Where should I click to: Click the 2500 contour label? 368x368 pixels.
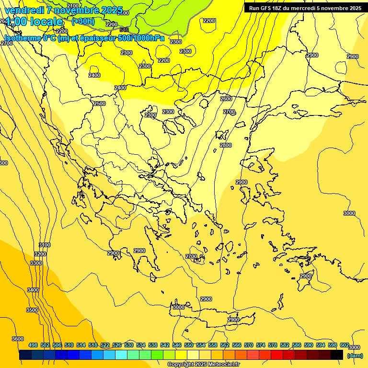tap(100, 103)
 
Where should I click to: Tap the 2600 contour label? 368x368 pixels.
tap(226, 99)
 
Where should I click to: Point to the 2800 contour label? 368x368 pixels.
tap(226, 145)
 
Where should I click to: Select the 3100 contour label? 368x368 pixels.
tap(45, 245)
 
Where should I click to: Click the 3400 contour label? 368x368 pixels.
tap(33, 290)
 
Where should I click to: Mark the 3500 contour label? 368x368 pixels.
tap(32, 310)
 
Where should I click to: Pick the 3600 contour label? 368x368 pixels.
tap(17, 339)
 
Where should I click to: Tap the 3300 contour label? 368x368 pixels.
tap(36, 263)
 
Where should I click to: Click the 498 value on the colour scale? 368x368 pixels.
tap(33, 345)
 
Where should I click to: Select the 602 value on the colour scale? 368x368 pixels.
tap(345, 345)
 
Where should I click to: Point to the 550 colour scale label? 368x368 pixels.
tap(189, 345)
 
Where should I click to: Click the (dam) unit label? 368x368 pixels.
tap(355, 355)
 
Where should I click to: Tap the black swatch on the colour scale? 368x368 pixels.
tap(337, 355)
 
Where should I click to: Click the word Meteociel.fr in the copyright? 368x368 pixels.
tap(224, 365)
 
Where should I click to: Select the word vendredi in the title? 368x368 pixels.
tap(24, 10)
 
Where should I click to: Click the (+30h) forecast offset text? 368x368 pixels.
tap(83, 21)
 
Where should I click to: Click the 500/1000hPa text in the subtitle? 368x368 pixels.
tap(141, 38)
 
